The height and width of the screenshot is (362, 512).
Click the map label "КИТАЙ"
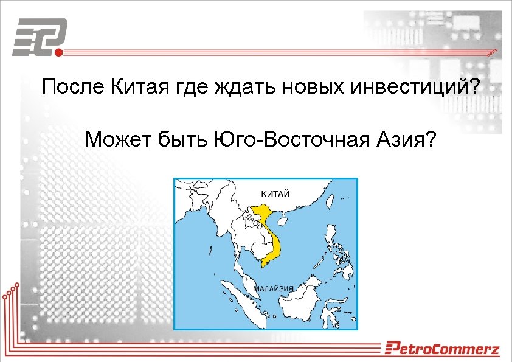click(x=275, y=193)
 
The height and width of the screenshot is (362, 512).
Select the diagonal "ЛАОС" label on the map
click(x=255, y=220)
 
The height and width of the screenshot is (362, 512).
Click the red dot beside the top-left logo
click(x=59, y=52)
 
